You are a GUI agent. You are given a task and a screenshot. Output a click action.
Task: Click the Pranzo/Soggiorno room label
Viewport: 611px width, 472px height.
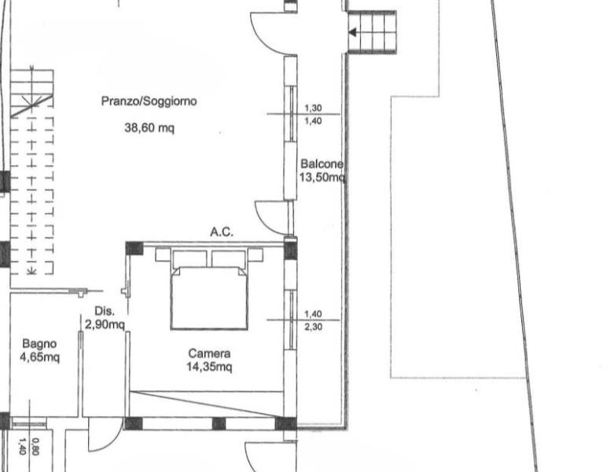click(149, 101)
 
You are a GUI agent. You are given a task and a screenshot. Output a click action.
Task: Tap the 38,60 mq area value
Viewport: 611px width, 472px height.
click(149, 127)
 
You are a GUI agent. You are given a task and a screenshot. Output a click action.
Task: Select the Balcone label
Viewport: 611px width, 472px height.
click(322, 164)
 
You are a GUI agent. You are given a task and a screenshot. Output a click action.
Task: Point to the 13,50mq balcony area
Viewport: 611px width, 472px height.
click(322, 177)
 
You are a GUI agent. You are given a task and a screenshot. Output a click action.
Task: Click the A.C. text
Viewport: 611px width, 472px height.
click(222, 232)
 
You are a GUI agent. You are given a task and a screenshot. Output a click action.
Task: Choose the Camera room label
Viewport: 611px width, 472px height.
click(209, 353)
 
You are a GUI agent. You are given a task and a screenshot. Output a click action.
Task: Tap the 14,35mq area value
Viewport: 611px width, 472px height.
click(209, 367)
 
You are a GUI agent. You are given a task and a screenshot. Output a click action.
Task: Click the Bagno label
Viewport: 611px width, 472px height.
click(39, 344)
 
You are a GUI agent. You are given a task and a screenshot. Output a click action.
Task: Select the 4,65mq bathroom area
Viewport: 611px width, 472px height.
click(40, 357)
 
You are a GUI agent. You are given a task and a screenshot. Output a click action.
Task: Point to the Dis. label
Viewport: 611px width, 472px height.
click(105, 311)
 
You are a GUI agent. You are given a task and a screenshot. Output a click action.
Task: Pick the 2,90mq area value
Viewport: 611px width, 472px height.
click(105, 324)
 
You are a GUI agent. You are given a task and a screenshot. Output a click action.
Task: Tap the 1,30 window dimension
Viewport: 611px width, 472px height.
click(313, 108)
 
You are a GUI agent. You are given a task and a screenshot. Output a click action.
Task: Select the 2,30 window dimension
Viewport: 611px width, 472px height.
click(313, 326)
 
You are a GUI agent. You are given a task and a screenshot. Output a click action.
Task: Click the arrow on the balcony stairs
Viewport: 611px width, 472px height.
click(352, 33)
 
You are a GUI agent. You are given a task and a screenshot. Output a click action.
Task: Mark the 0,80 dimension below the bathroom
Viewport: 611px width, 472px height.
click(35, 447)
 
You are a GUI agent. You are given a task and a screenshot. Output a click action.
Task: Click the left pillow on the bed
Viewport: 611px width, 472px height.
click(190, 258)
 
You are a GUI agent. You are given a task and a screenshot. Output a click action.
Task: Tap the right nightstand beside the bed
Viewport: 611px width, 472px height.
click(256, 254)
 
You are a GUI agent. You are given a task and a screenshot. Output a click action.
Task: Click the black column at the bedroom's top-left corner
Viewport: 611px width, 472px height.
click(134, 249)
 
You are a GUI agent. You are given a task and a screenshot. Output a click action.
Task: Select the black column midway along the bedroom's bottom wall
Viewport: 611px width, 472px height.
click(219, 424)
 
